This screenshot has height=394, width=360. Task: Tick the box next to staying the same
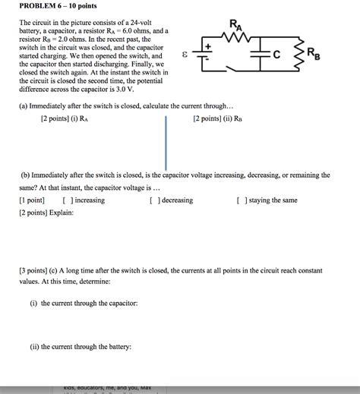click(x=241, y=200)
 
